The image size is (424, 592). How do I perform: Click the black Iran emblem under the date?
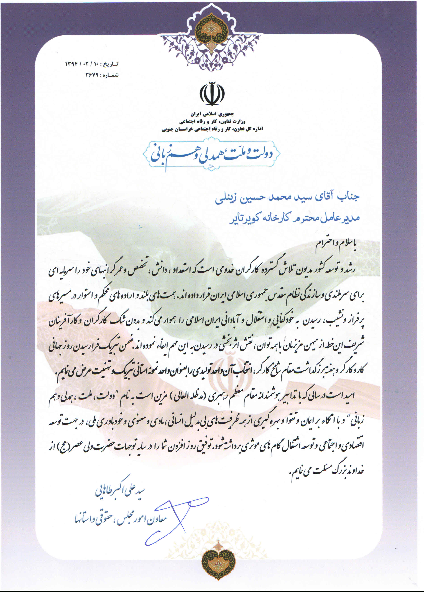point(212,93)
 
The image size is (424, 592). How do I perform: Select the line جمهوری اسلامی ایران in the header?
point(212,114)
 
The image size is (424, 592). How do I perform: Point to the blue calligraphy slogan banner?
point(211,154)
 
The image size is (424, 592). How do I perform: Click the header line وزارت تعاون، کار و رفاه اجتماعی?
point(212,121)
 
